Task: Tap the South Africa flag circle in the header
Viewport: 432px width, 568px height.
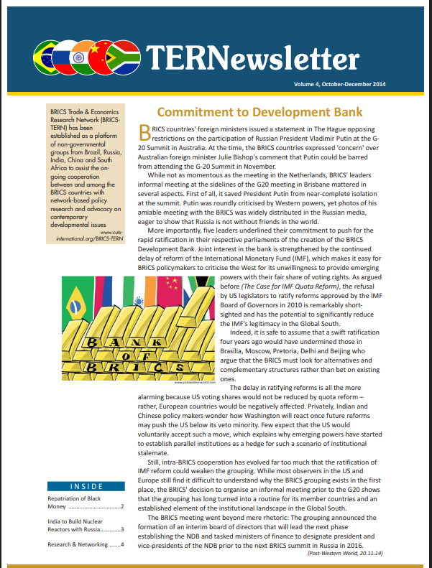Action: click(x=125, y=56)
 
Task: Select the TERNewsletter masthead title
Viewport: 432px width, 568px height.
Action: click(x=252, y=57)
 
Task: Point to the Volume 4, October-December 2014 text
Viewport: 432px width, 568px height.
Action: click(x=339, y=85)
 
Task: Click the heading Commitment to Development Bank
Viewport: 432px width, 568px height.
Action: click(x=259, y=112)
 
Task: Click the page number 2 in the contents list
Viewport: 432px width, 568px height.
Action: click(x=123, y=507)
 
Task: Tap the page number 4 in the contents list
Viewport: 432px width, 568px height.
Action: click(x=123, y=545)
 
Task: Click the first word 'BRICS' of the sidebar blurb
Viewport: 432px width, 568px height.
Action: click(x=59, y=114)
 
